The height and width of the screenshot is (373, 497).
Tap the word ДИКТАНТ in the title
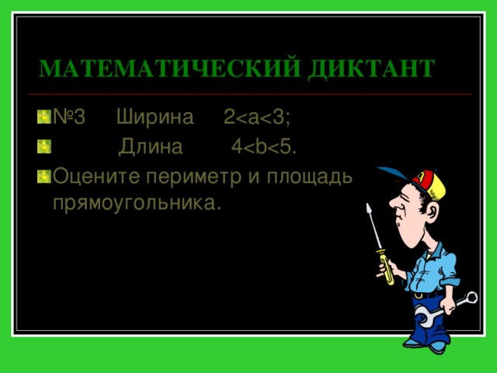click(371, 68)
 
